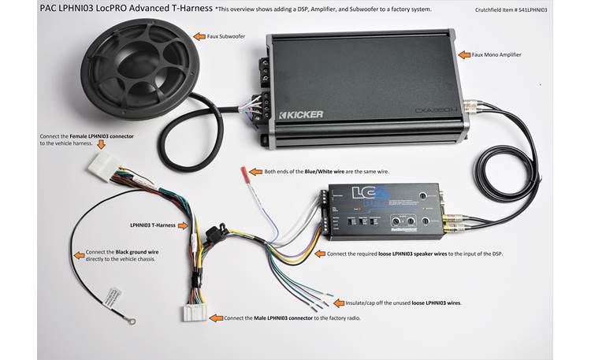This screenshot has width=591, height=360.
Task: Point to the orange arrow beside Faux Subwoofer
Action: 199,36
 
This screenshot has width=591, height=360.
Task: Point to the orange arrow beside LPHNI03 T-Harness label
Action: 184,225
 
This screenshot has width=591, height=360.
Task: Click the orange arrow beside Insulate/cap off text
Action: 337,302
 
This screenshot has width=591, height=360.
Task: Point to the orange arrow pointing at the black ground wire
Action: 79,254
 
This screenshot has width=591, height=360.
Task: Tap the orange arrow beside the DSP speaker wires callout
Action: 318,254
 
